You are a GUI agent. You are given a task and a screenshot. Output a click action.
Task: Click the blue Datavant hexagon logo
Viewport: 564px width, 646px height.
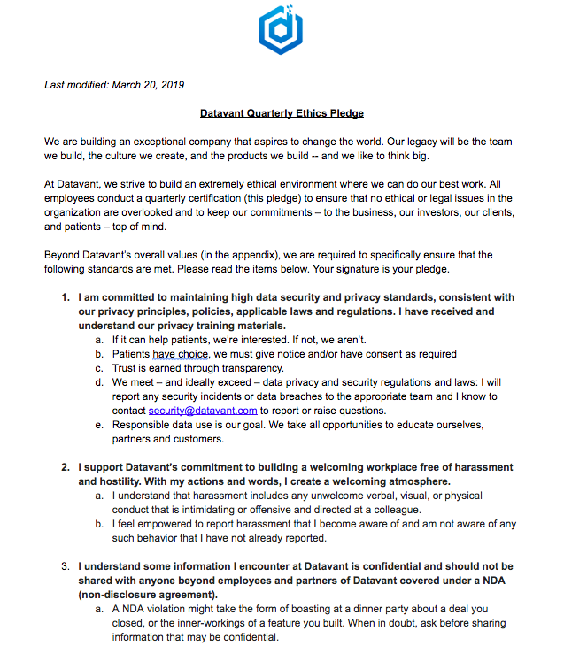[281, 30]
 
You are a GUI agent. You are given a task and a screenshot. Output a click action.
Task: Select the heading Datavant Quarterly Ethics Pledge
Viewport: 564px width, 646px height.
[282, 113]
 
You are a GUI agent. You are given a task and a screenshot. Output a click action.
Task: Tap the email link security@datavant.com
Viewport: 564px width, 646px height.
[203, 411]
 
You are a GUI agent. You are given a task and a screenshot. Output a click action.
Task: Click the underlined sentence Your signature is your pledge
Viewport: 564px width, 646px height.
[381, 269]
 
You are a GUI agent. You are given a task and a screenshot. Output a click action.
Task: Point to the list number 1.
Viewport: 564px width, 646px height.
[66, 297]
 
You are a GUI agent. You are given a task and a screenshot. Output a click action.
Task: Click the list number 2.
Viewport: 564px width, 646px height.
[66, 467]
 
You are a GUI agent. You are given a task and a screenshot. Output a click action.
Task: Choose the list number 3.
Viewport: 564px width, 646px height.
[66, 566]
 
